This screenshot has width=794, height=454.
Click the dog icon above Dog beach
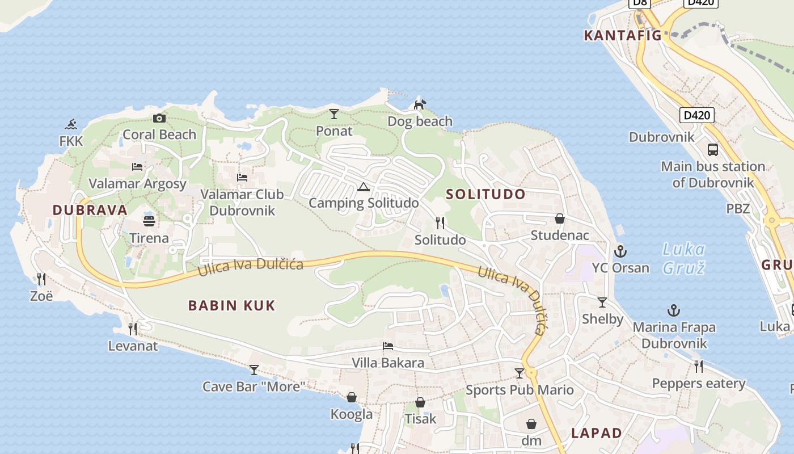click(420, 104)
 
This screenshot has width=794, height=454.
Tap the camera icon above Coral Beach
click(159, 118)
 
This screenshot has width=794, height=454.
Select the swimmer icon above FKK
click(71, 124)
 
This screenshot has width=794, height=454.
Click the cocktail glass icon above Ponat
click(334, 114)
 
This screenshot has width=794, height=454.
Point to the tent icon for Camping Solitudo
click(364, 187)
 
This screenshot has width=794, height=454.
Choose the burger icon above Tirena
click(149, 221)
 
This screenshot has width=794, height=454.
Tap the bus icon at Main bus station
click(713, 150)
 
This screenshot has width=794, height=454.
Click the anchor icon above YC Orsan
click(620, 251)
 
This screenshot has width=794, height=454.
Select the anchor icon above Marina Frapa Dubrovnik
click(674, 310)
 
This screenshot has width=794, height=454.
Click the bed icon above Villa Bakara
click(388, 346)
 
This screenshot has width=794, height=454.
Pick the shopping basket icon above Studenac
click(560, 218)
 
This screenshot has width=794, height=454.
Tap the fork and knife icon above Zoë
click(41, 279)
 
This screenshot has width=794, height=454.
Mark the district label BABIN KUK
click(231, 305)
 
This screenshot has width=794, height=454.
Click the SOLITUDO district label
click(485, 194)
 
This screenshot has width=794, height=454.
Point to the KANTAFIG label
click(623, 35)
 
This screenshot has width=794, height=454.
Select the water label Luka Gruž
click(684, 258)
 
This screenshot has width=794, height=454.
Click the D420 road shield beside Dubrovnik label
click(697, 116)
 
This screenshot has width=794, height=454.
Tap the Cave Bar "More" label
click(254, 386)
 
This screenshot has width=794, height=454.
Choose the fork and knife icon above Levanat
click(133, 329)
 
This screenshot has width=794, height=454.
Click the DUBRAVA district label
click(90, 210)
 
